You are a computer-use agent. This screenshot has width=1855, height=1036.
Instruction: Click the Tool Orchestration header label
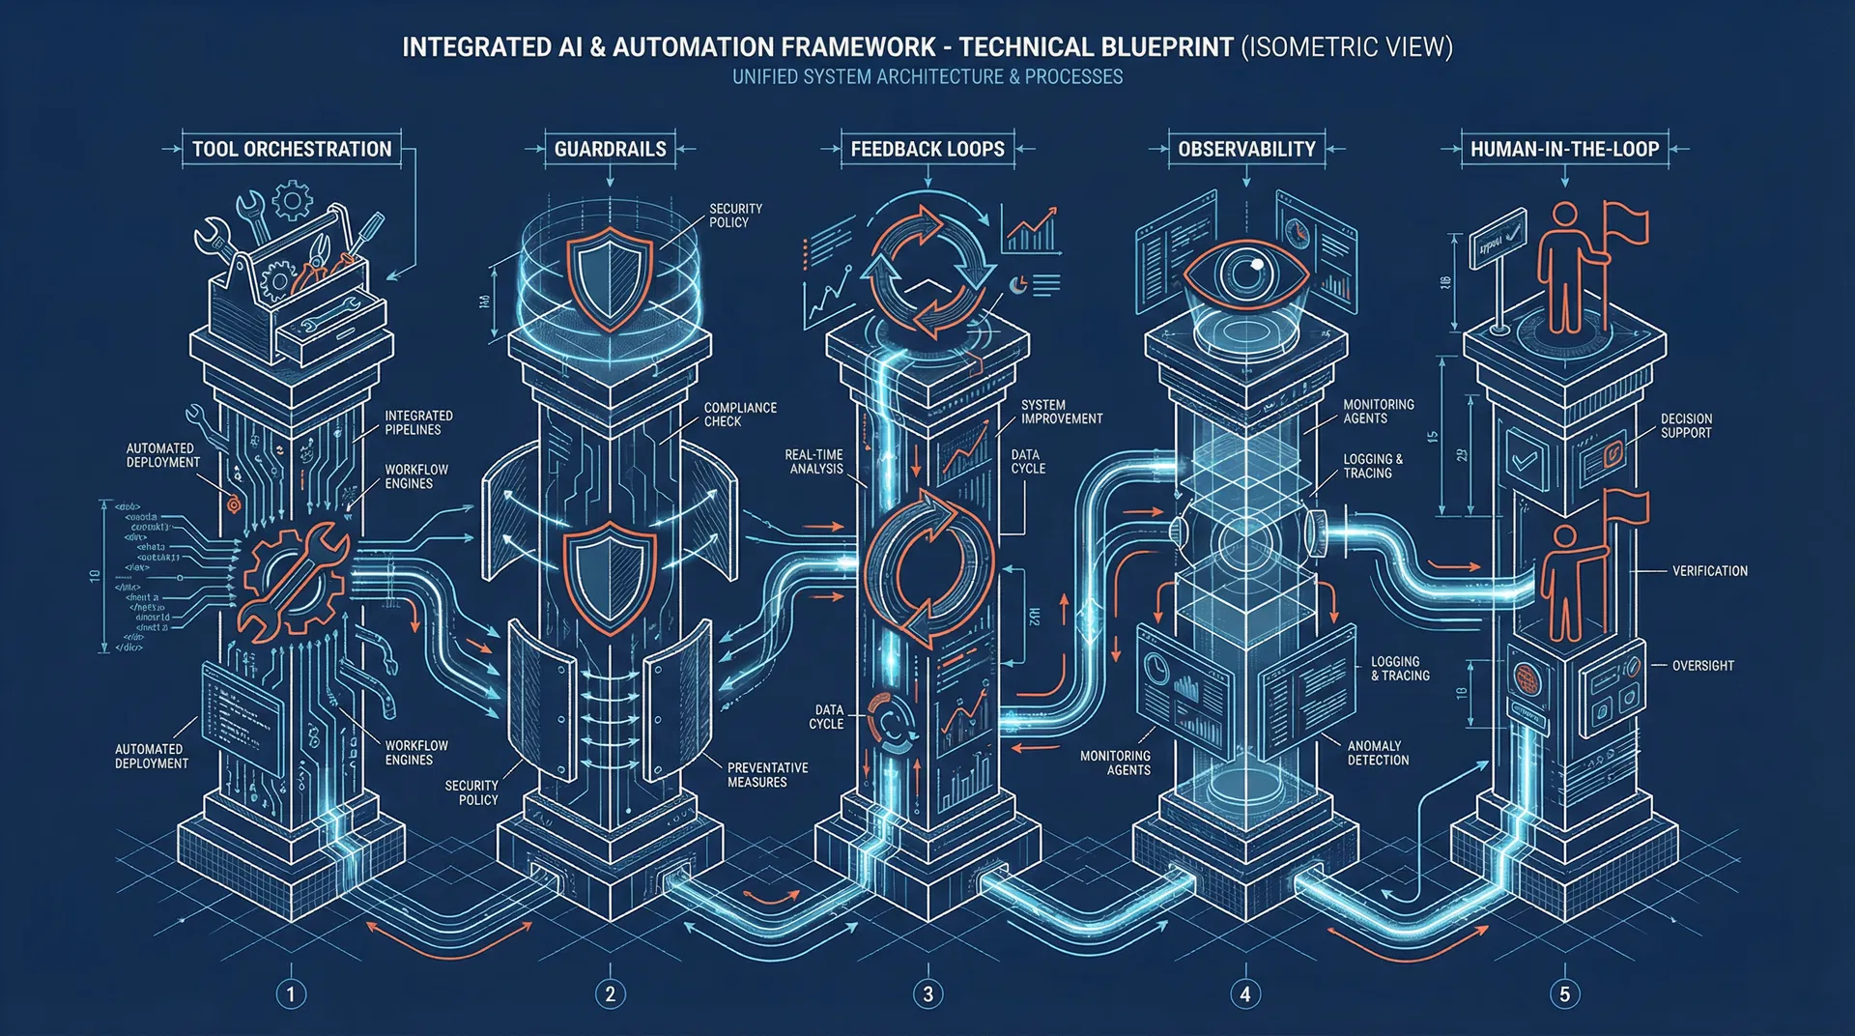click(292, 149)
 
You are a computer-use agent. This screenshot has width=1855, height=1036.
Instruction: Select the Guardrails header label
click(610, 149)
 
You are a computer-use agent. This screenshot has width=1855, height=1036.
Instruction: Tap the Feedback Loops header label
click(927, 149)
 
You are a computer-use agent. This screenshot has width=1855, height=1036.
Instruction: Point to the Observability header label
click(1246, 149)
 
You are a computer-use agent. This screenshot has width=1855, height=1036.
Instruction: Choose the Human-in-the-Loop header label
click(1564, 149)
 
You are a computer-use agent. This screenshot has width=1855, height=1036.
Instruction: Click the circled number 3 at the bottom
click(927, 993)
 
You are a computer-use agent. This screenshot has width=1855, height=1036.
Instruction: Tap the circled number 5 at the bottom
click(1564, 993)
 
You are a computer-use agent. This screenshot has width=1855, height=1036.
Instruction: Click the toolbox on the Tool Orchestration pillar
click(295, 280)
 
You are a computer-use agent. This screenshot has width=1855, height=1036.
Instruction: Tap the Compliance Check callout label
click(740, 415)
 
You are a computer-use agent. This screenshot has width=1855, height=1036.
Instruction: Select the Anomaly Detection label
click(1378, 753)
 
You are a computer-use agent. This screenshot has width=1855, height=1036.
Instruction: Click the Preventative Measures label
click(767, 775)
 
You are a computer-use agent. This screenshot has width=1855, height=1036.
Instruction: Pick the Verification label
click(1709, 571)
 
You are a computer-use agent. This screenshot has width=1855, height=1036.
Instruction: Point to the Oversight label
click(1702, 666)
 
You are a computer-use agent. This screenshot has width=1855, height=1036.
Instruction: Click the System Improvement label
click(1062, 412)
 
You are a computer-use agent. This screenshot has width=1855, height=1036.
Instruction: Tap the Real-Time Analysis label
click(815, 462)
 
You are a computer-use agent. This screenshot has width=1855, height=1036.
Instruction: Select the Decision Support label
click(1686, 426)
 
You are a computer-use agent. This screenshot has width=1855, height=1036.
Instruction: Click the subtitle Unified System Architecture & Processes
click(927, 77)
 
